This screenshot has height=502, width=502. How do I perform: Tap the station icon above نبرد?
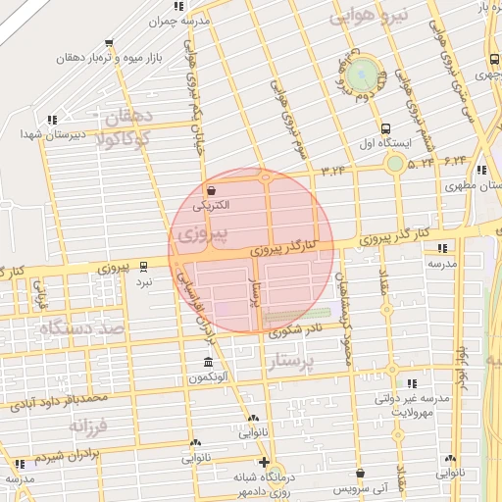[144, 266]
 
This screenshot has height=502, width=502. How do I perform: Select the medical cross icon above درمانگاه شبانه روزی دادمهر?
[263, 462]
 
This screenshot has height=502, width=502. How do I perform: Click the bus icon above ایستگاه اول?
[384, 128]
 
